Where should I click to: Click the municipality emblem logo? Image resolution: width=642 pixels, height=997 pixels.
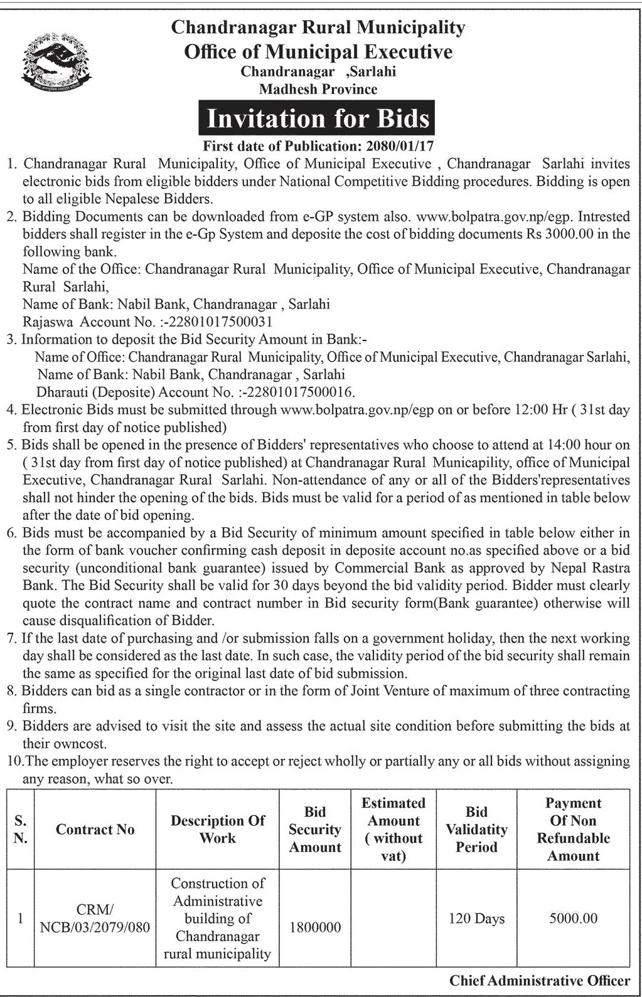coord(56,61)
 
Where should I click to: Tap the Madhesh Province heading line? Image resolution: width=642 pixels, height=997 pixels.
coord(318,89)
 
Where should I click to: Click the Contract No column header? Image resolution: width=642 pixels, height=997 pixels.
coord(95,830)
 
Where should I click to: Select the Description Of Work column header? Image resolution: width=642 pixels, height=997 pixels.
coord(217,830)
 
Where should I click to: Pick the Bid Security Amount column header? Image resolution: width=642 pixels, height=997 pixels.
coord(314,830)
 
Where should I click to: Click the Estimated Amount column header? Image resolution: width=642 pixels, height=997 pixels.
coord(393,830)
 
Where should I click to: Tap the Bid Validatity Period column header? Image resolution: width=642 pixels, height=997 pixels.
coord(476,830)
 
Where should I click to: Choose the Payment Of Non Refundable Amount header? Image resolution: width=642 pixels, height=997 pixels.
coord(573,830)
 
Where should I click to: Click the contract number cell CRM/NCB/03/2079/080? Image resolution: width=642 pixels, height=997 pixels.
coord(95,919)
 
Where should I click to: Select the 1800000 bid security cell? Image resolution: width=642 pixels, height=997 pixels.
coord(315,927)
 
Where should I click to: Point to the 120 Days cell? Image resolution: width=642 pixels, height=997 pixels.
coord(476,919)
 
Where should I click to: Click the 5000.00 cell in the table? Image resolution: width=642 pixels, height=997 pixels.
coord(573,919)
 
